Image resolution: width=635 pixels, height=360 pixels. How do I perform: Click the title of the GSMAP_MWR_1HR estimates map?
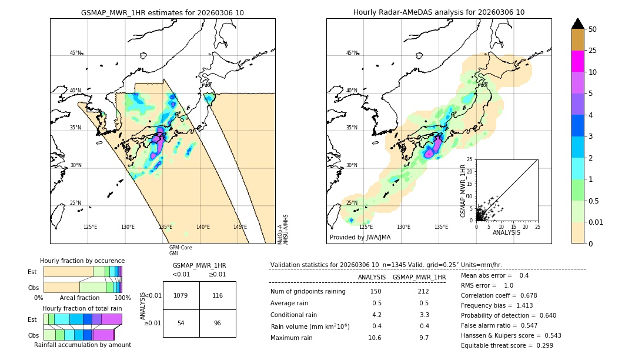pyautogui.click(x=162, y=12)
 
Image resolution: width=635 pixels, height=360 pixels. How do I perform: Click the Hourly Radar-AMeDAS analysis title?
pyautogui.click(x=439, y=12)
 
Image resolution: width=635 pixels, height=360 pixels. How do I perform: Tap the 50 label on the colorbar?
pyautogui.click(x=593, y=29)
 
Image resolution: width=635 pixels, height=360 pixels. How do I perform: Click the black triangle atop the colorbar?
pyautogui.click(x=578, y=24)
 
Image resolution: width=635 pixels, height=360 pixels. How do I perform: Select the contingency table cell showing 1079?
pyautogui.click(x=181, y=295)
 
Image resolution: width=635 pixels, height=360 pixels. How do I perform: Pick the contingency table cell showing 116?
pyautogui.click(x=218, y=295)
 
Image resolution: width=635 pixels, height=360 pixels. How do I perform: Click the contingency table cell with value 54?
pyautogui.click(x=181, y=324)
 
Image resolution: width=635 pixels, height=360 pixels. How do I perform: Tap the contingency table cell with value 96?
pyautogui.click(x=218, y=324)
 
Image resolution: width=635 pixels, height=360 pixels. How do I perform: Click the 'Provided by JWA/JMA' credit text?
pyautogui.click(x=360, y=238)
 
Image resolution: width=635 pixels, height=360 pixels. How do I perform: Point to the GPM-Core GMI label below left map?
pyautogui.click(x=181, y=251)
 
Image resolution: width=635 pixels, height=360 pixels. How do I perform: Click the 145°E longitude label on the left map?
pyautogui.click(x=240, y=227)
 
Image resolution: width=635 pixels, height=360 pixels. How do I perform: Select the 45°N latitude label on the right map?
pyautogui.click(x=352, y=54)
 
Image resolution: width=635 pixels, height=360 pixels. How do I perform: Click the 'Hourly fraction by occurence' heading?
pyautogui.click(x=82, y=261)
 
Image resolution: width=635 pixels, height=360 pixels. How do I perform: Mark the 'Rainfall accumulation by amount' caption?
pyautogui.click(x=82, y=345)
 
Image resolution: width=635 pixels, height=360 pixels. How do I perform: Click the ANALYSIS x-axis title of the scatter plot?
pyautogui.click(x=506, y=232)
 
